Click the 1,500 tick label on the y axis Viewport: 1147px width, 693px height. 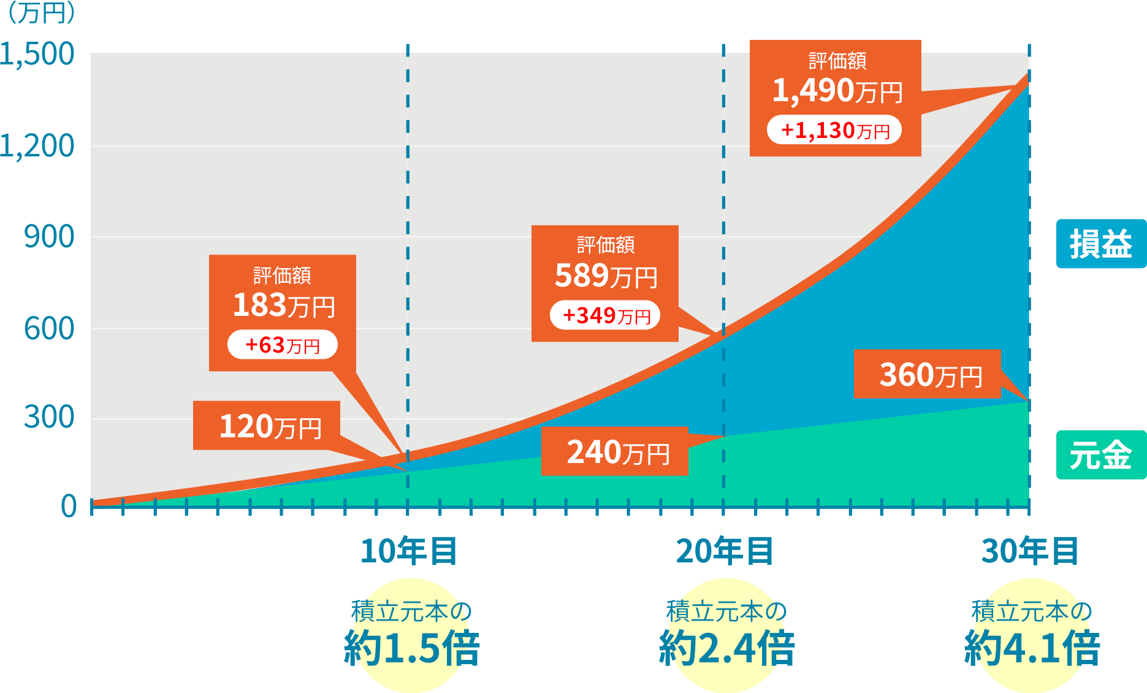pos(38,54)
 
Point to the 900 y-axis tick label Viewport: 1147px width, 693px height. pos(49,237)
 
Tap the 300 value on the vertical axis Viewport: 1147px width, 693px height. pos(49,417)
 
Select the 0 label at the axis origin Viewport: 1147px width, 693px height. pos(69,507)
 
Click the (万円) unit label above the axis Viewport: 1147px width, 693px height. pos(40,13)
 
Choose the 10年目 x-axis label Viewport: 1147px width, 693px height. pos(408,550)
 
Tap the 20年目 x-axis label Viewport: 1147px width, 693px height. pos(724,550)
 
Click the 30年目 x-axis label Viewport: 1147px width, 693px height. pos(1030,550)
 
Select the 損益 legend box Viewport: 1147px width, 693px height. pos(1100,243)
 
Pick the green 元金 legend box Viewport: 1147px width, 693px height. pos(1100,455)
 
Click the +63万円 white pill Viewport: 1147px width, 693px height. pos(283,345)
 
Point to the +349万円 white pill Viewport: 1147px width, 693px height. pos(605,315)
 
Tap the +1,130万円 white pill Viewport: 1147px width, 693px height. pos(834,130)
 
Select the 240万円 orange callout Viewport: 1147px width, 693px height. pos(615,451)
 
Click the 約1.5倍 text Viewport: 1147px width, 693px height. pos(412,648)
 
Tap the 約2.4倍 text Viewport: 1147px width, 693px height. pos(727,648)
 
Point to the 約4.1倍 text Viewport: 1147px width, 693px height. pos(1032,648)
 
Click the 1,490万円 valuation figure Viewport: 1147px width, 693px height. pos(836,91)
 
